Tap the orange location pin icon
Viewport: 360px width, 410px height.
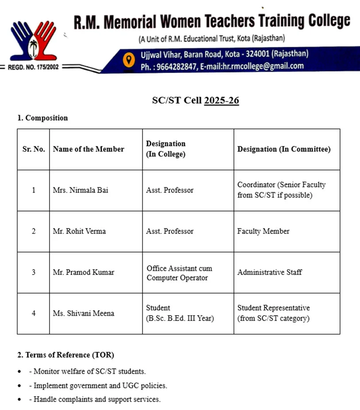129,59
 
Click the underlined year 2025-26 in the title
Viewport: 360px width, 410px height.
221,101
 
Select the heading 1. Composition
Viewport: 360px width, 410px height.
42,118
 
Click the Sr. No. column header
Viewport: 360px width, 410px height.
34,149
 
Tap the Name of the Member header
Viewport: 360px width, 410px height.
88,149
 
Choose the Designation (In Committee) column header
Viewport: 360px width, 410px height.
284,149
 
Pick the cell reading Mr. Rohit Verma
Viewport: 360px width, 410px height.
79,231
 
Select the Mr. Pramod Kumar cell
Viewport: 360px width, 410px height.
83,272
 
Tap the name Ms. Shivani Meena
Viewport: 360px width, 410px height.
84,313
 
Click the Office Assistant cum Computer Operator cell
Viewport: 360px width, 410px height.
179,273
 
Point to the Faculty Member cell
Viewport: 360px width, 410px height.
263,231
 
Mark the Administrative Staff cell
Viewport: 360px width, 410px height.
269,272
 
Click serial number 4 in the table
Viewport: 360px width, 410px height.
34,313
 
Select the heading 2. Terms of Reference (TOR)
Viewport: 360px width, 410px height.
65,355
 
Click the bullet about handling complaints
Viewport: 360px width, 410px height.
95,399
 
